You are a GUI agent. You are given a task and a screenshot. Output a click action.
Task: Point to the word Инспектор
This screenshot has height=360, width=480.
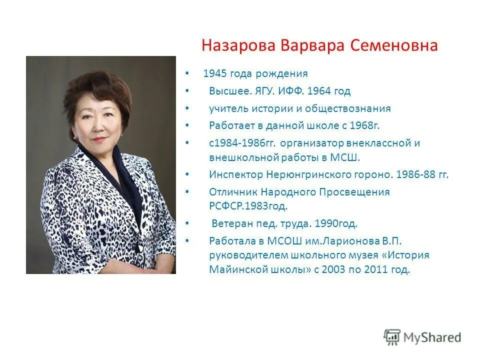[x=235, y=174]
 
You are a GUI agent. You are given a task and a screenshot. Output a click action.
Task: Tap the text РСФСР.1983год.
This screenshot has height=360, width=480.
[x=248, y=205]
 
